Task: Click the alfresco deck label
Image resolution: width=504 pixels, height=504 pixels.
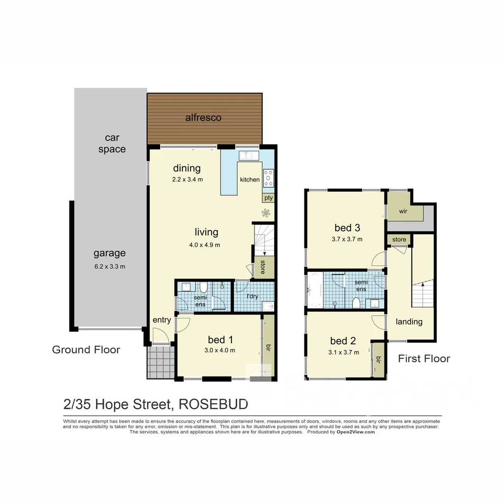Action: [x=203, y=118]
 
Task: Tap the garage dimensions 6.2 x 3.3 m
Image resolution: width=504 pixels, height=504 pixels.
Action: [x=109, y=266]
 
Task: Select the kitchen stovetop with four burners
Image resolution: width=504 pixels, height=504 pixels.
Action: [x=268, y=178]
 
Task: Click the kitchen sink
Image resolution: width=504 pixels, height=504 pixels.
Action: [x=245, y=155]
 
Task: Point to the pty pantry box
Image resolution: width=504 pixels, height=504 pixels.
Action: [x=268, y=198]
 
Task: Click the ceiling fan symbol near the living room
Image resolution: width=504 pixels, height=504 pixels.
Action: [x=266, y=214]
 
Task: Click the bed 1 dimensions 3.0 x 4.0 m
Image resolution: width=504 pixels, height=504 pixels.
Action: [x=219, y=350]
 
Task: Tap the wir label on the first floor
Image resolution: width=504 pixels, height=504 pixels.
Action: [x=404, y=211]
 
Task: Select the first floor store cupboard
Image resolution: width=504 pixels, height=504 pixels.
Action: [x=399, y=240]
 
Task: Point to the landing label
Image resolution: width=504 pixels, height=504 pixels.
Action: [x=409, y=322]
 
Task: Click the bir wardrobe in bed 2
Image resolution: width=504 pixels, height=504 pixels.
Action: [x=378, y=359]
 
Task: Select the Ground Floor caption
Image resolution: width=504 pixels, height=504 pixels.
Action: [x=86, y=350]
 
